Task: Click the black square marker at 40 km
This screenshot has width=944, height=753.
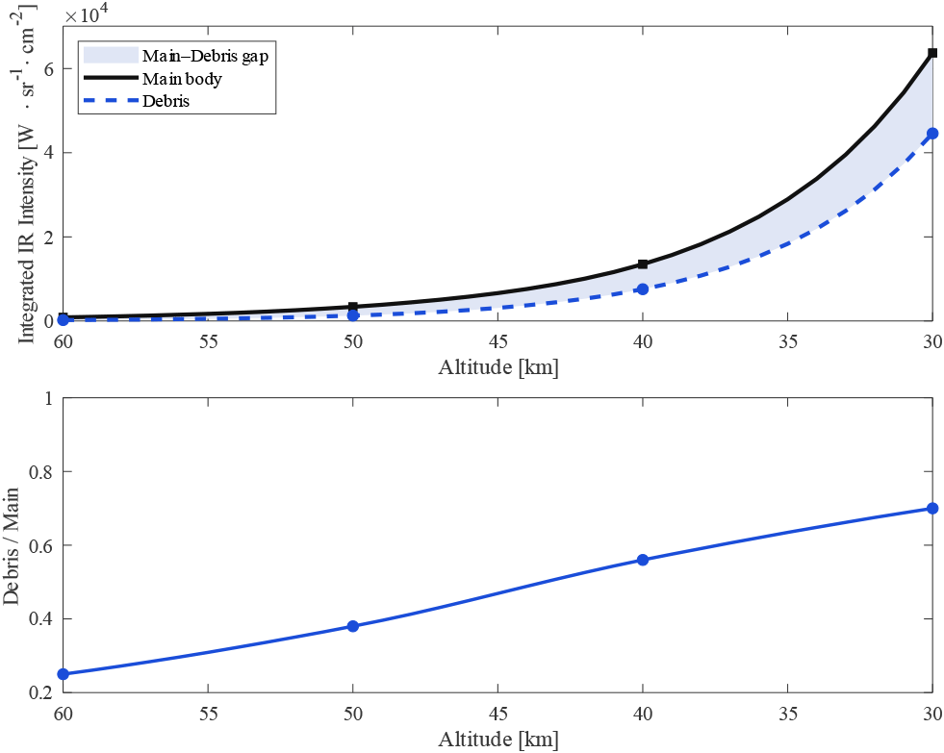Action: pyautogui.click(x=643, y=264)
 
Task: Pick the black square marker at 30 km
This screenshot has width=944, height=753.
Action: pyautogui.click(x=932, y=53)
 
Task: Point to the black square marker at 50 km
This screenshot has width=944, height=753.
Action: pyautogui.click(x=353, y=307)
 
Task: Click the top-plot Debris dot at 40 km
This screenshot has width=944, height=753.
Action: pyautogui.click(x=643, y=289)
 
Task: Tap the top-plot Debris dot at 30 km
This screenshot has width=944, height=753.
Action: pyautogui.click(x=932, y=134)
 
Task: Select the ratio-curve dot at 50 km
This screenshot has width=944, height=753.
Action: pyautogui.click(x=353, y=626)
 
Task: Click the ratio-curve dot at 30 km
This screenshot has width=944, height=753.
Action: pyautogui.click(x=932, y=508)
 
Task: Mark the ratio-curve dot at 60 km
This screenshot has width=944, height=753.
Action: pyautogui.click(x=64, y=674)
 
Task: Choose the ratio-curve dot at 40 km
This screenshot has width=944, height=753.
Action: pyautogui.click(x=643, y=560)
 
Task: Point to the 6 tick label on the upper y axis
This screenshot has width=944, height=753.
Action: pyautogui.click(x=47, y=69)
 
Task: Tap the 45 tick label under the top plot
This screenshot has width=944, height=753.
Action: pyautogui.click(x=498, y=341)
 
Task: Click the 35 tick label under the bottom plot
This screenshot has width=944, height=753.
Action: pyautogui.click(x=787, y=716)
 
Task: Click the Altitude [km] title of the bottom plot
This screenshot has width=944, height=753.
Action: pyautogui.click(x=498, y=740)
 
